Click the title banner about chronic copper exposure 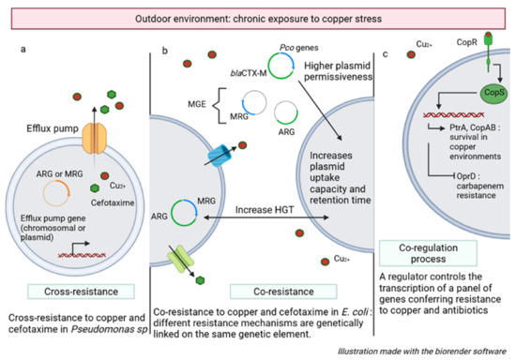(258, 18)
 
